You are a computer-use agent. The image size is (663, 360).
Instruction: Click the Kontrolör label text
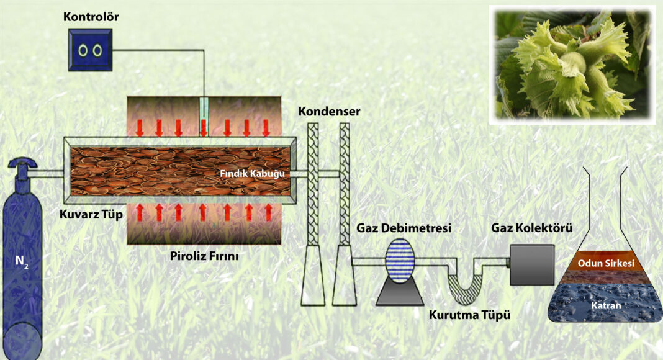coord(91,17)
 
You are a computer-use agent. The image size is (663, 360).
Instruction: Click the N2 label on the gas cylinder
coord(21,261)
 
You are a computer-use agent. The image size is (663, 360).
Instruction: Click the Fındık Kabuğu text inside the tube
coord(252,174)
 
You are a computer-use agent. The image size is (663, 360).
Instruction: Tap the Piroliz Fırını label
coord(204,256)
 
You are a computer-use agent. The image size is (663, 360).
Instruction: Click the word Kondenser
coord(329,112)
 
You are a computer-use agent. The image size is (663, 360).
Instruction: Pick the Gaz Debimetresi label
coord(404,228)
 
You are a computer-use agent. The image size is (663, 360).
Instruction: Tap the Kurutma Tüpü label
coord(469,315)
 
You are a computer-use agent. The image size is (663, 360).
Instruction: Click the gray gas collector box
coord(532,264)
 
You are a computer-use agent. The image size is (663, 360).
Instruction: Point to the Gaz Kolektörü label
coord(531,228)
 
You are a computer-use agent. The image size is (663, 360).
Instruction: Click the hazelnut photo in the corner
coord(572,65)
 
